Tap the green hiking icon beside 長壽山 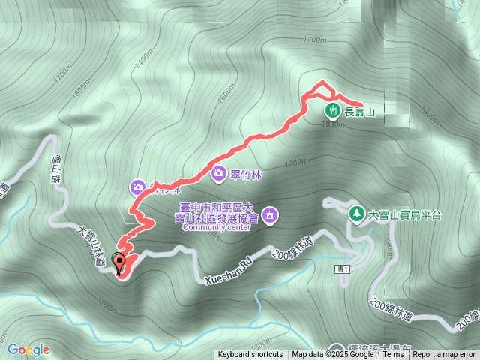click(331, 112)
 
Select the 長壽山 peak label click(358, 112)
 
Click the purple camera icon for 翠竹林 click(219, 174)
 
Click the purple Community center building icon click(271, 217)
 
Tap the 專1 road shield click(343, 268)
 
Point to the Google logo click(28, 349)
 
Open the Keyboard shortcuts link click(250, 355)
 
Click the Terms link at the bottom click(393, 355)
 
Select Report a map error click(444, 355)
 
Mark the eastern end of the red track click(362, 106)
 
